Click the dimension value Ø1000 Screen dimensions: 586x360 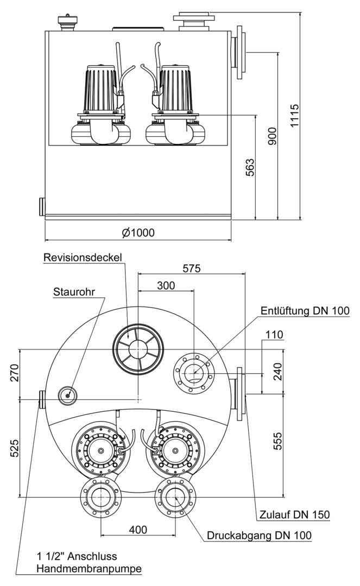pos(138,232)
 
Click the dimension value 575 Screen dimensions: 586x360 pos(191,268)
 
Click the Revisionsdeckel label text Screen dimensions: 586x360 pos(84,257)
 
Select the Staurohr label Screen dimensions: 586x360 pos(74,291)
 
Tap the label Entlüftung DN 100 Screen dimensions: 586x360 pos(305,310)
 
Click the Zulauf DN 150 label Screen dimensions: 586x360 pos(294,514)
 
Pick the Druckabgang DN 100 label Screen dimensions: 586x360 pos(259,536)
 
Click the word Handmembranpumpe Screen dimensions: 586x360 pos(89,569)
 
